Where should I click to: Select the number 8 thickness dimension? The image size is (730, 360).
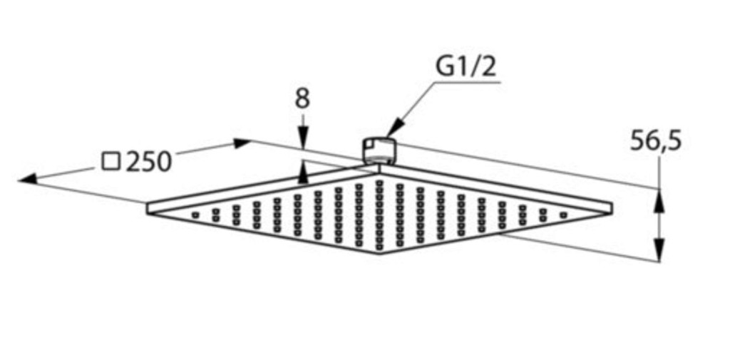[302, 99]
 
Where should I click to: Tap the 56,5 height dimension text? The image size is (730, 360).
[656, 140]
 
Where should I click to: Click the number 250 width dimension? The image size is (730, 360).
[149, 162]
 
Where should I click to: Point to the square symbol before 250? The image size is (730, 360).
[110, 161]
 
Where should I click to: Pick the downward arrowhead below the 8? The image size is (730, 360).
[303, 140]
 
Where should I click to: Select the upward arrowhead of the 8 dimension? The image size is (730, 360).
[303, 173]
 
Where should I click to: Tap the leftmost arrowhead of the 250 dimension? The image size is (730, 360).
[28, 178]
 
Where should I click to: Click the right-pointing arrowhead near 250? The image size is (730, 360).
[242, 143]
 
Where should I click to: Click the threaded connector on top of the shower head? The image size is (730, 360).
[379, 150]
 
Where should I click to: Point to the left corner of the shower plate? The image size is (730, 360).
[148, 209]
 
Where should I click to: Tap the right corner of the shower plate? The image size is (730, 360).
[611, 207]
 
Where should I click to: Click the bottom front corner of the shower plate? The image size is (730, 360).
[379, 253]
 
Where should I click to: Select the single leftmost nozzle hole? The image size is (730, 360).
[195, 215]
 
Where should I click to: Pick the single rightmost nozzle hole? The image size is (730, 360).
[563, 215]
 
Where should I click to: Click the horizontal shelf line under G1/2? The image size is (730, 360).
[468, 83]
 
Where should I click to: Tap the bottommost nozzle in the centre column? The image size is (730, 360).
[379, 247]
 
